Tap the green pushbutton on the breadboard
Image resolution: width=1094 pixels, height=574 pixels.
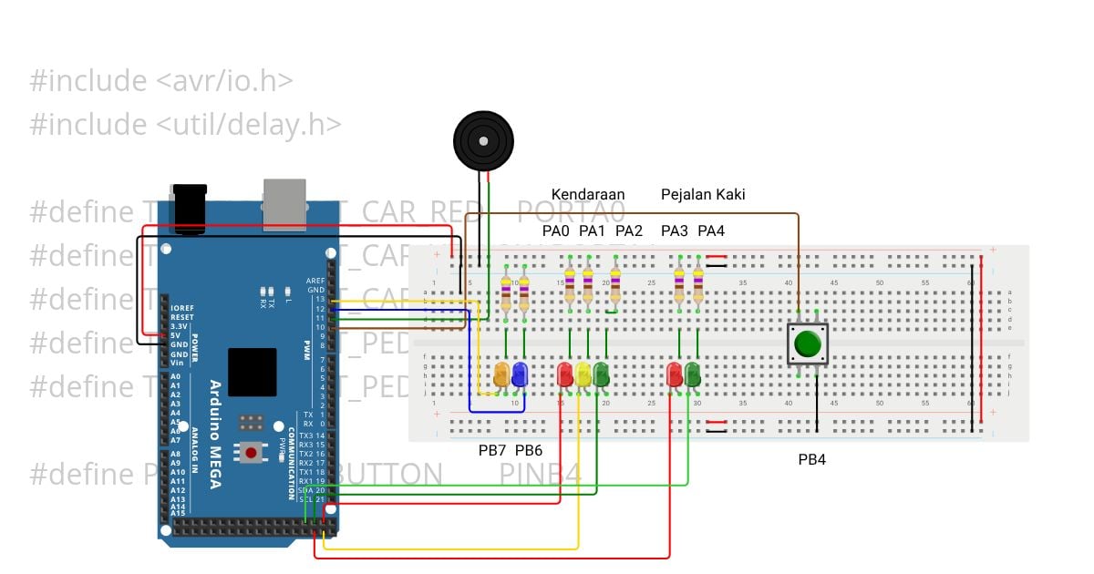(x=807, y=344)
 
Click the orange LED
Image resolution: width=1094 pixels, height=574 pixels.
(x=501, y=374)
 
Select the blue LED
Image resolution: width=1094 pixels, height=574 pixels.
(x=520, y=374)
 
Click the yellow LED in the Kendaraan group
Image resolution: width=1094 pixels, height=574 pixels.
(x=583, y=374)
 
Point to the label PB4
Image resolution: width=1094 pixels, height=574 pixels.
(x=811, y=460)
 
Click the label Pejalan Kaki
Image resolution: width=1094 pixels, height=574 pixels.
(x=703, y=194)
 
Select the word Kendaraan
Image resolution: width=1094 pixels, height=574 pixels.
(x=588, y=194)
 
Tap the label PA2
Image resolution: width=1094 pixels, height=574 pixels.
(x=629, y=231)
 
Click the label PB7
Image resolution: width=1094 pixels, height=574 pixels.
(x=492, y=450)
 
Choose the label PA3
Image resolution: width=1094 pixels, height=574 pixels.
(x=675, y=231)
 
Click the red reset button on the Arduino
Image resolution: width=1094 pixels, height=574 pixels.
(x=251, y=452)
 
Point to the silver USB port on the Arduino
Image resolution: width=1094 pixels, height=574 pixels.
(x=285, y=202)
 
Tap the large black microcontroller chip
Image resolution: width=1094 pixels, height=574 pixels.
(x=253, y=371)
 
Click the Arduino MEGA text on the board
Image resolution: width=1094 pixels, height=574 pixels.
(x=215, y=434)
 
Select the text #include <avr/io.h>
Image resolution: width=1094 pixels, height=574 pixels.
(x=160, y=80)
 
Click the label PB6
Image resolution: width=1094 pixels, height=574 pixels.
(x=529, y=450)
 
